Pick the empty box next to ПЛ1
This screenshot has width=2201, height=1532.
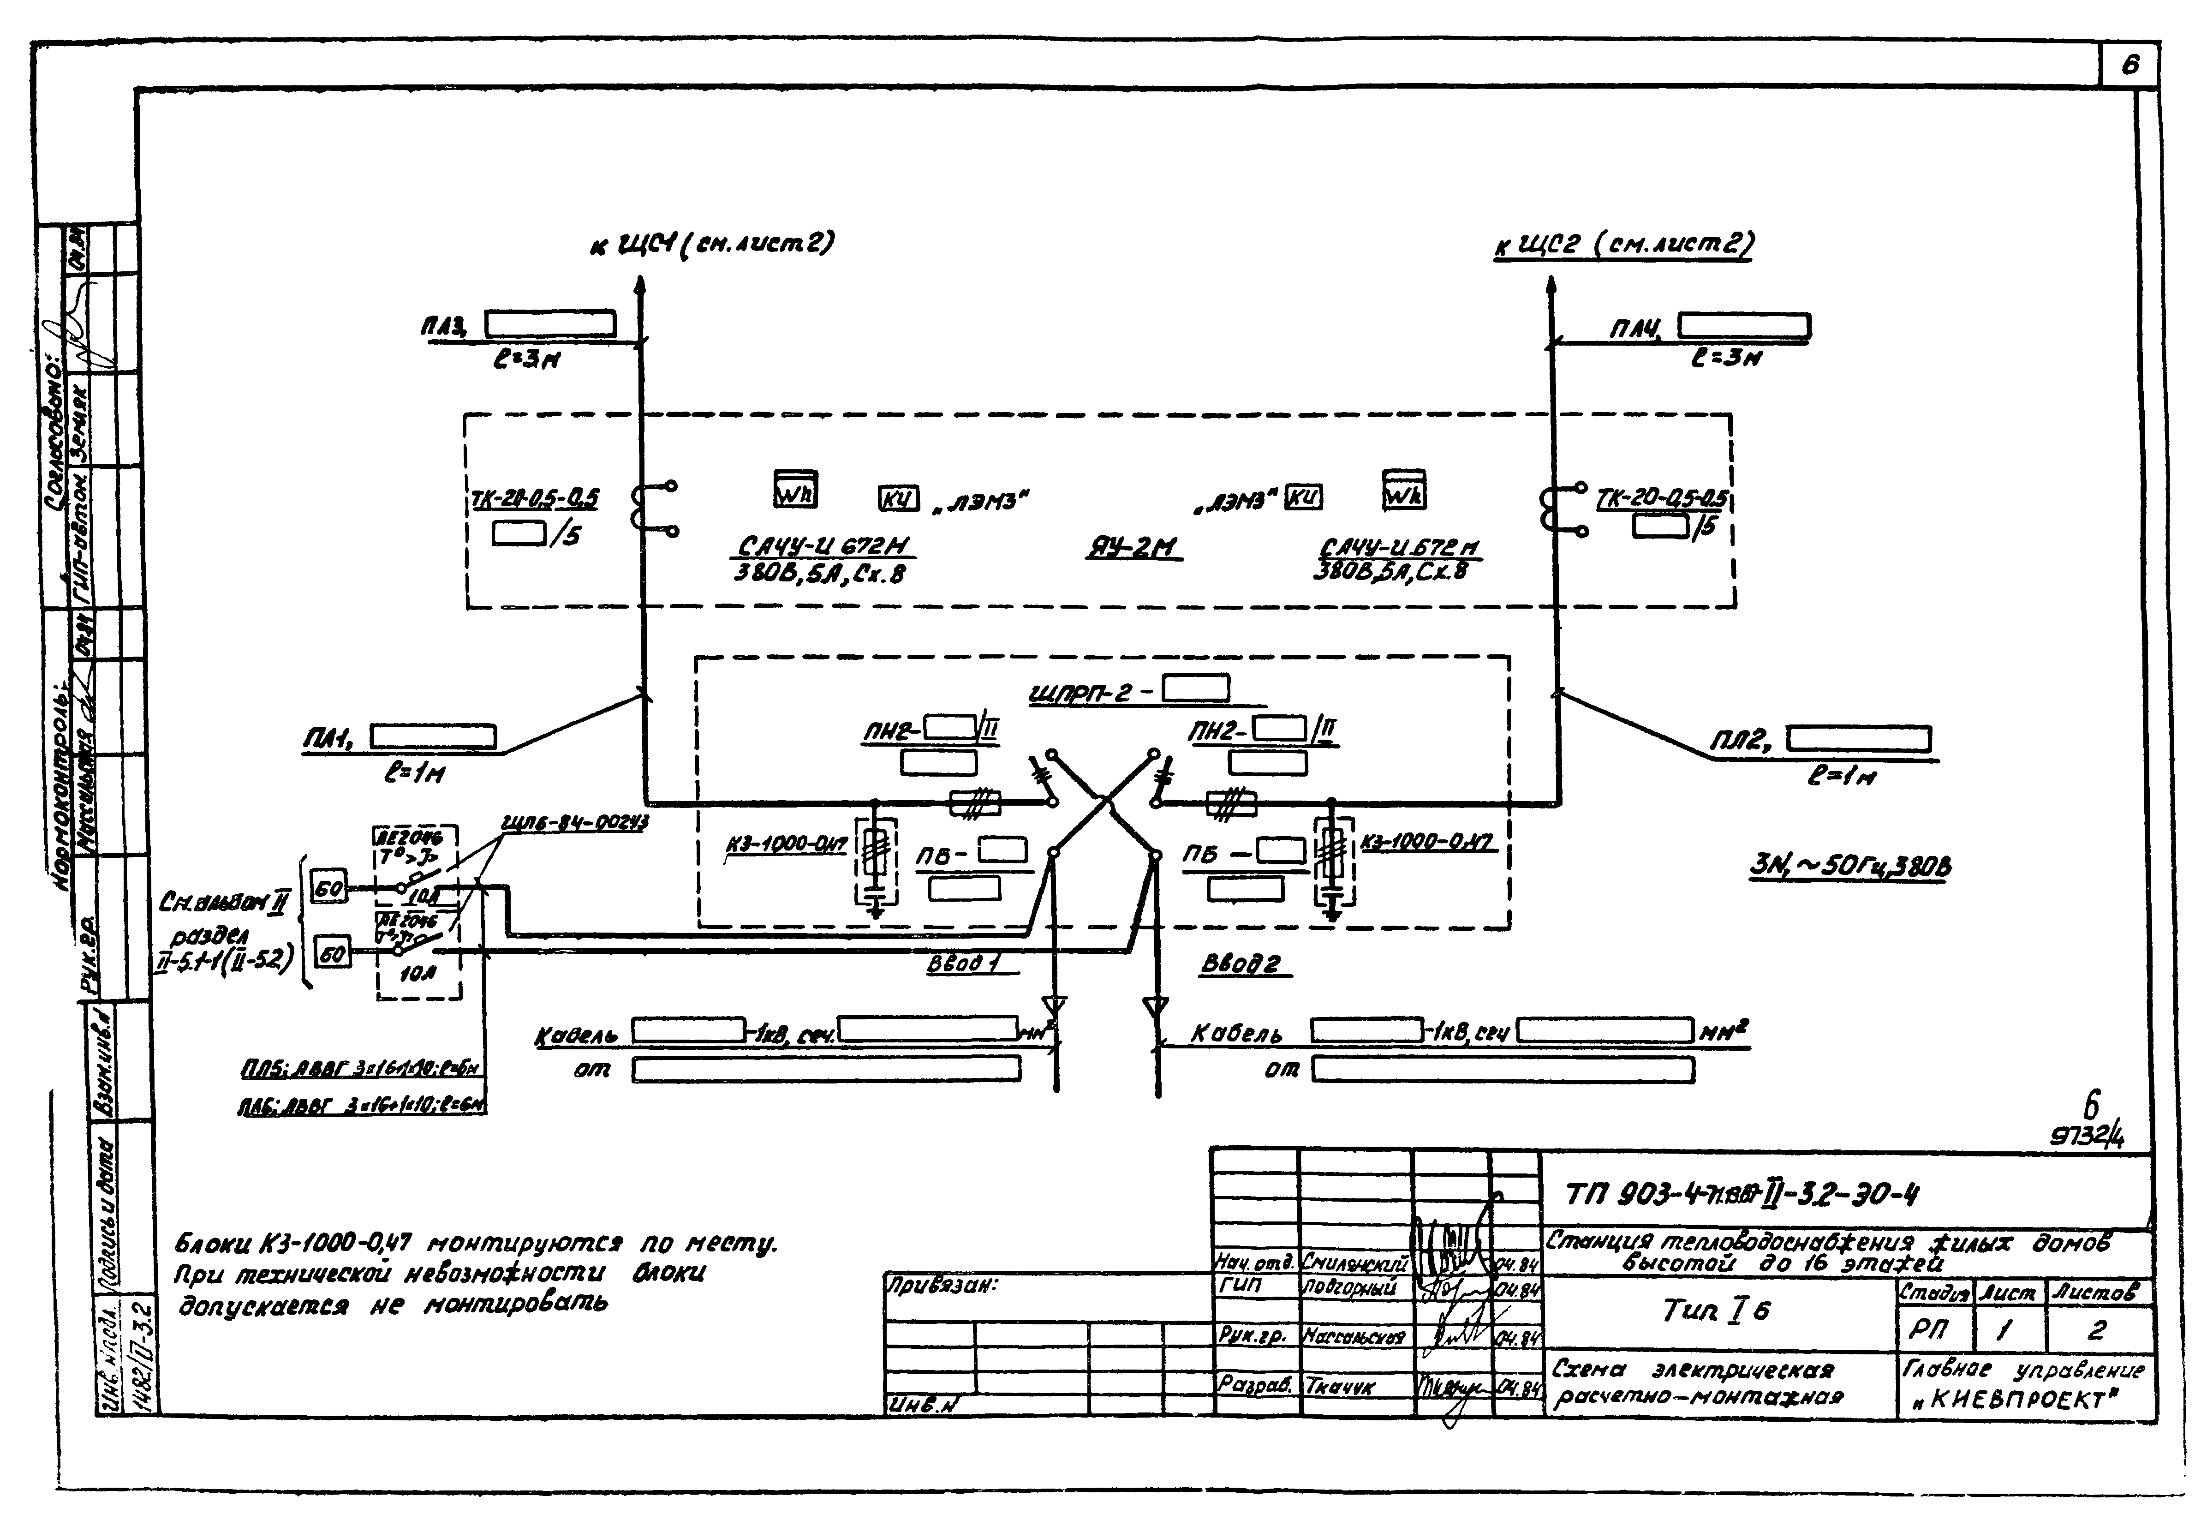point(433,736)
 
